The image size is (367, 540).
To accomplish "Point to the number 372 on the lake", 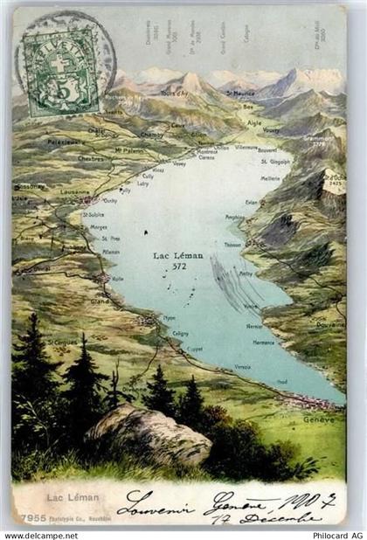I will click(179, 266).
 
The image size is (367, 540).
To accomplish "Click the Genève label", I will click(319, 419).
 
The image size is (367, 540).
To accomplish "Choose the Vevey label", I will click(179, 163).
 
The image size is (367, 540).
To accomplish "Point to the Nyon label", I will click(169, 318).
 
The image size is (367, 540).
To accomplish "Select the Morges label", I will click(99, 226).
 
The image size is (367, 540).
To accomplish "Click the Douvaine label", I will click(330, 322).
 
